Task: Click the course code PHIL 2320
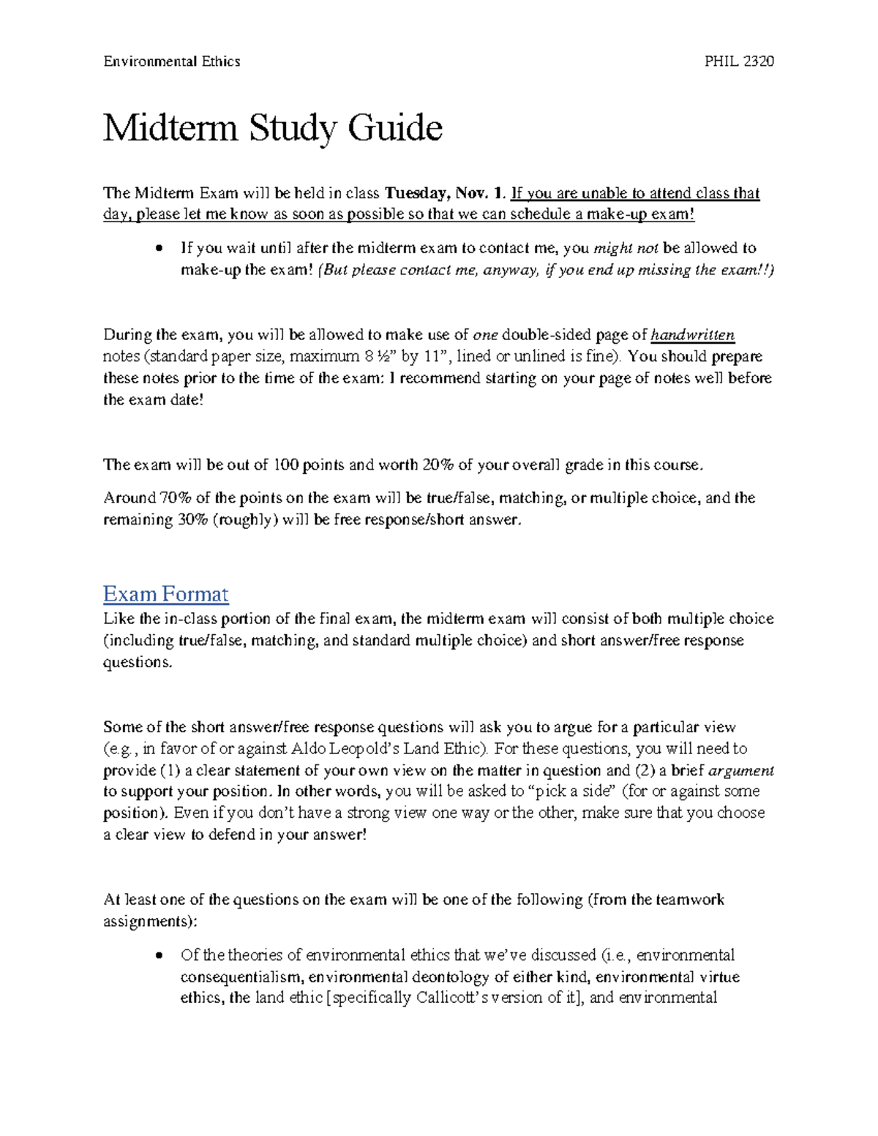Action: [x=738, y=61]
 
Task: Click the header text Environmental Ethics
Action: [x=171, y=61]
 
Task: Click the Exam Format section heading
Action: [x=165, y=593]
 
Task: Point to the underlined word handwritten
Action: [x=692, y=335]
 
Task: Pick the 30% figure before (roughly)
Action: [x=192, y=520]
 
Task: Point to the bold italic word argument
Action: [x=742, y=770]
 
